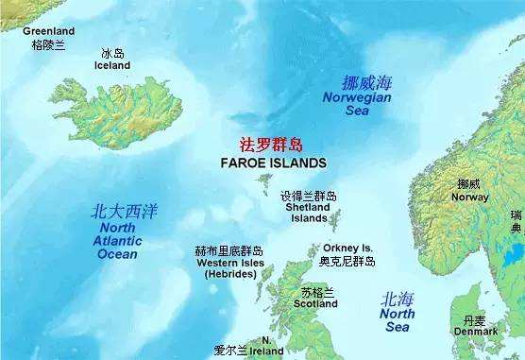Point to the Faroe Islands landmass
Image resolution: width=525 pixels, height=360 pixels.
264,180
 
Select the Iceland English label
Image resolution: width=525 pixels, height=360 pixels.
112,65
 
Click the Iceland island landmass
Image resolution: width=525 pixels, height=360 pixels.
118,111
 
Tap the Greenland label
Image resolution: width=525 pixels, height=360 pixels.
48,31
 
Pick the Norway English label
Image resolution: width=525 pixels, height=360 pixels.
469,197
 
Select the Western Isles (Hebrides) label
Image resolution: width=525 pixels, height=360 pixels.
229,267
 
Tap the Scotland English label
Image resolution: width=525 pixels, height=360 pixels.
315,304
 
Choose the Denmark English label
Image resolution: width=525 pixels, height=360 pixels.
475,332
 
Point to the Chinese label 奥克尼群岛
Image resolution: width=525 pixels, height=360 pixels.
347,261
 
